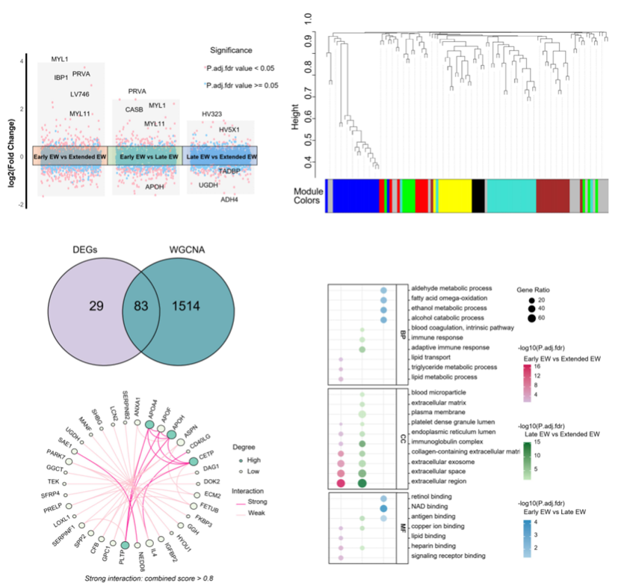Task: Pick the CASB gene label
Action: click(x=134, y=109)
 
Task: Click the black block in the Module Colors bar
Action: click(x=478, y=195)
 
